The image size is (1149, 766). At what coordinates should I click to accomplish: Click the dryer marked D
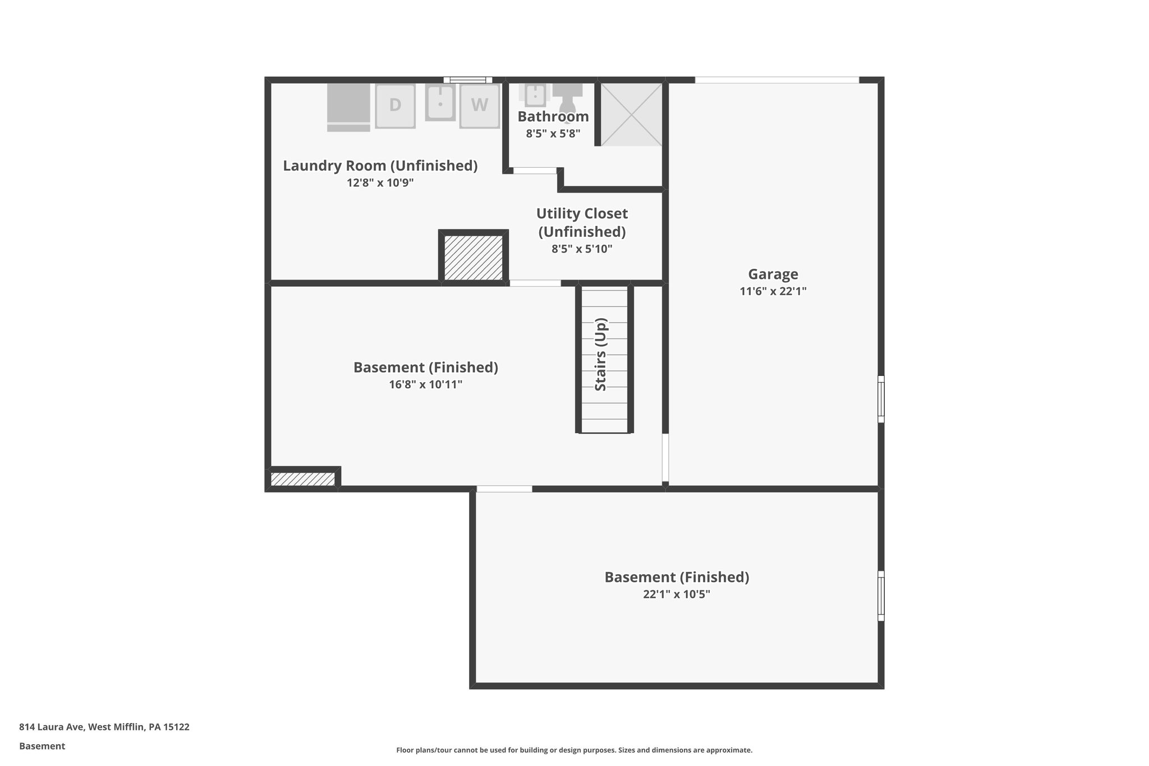[x=395, y=106]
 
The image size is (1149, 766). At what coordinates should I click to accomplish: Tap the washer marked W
[x=479, y=106]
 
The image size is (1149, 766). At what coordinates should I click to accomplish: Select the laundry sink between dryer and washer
[x=440, y=103]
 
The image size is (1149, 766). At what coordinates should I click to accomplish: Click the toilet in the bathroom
[x=567, y=97]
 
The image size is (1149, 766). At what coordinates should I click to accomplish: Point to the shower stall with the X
[x=631, y=114]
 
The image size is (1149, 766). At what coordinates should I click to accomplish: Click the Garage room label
[x=773, y=274]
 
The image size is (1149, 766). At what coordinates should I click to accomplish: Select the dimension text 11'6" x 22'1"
[x=773, y=291]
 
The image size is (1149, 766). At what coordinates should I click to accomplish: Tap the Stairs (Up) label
[x=601, y=355]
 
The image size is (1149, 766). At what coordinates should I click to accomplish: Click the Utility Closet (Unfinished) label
[x=582, y=222]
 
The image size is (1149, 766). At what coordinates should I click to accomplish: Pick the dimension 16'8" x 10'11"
[x=425, y=384]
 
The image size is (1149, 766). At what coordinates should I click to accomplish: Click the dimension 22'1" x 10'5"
[x=676, y=594]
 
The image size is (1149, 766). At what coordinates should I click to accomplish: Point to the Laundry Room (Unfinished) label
[x=380, y=166]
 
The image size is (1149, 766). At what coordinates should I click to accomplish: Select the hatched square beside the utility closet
[x=474, y=258]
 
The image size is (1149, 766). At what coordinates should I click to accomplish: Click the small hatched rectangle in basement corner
[x=302, y=479]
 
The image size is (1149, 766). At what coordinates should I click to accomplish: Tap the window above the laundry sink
[x=467, y=80]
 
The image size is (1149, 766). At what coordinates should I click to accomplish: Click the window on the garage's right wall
[x=881, y=399]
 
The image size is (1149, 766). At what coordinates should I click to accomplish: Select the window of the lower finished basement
[x=881, y=595]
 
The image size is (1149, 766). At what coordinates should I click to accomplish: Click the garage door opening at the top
[x=777, y=80]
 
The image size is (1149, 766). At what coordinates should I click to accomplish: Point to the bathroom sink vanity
[x=535, y=95]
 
